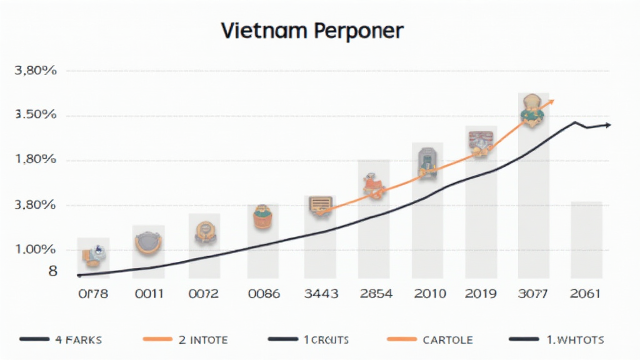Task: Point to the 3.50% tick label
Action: point(36,115)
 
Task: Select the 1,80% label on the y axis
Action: point(36,159)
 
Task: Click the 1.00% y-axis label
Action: point(36,249)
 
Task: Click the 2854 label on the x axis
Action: point(375,294)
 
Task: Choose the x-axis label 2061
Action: point(586,294)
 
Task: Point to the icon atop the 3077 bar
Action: point(531,111)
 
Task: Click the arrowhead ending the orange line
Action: point(551,102)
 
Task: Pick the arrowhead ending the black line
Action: point(607,125)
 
